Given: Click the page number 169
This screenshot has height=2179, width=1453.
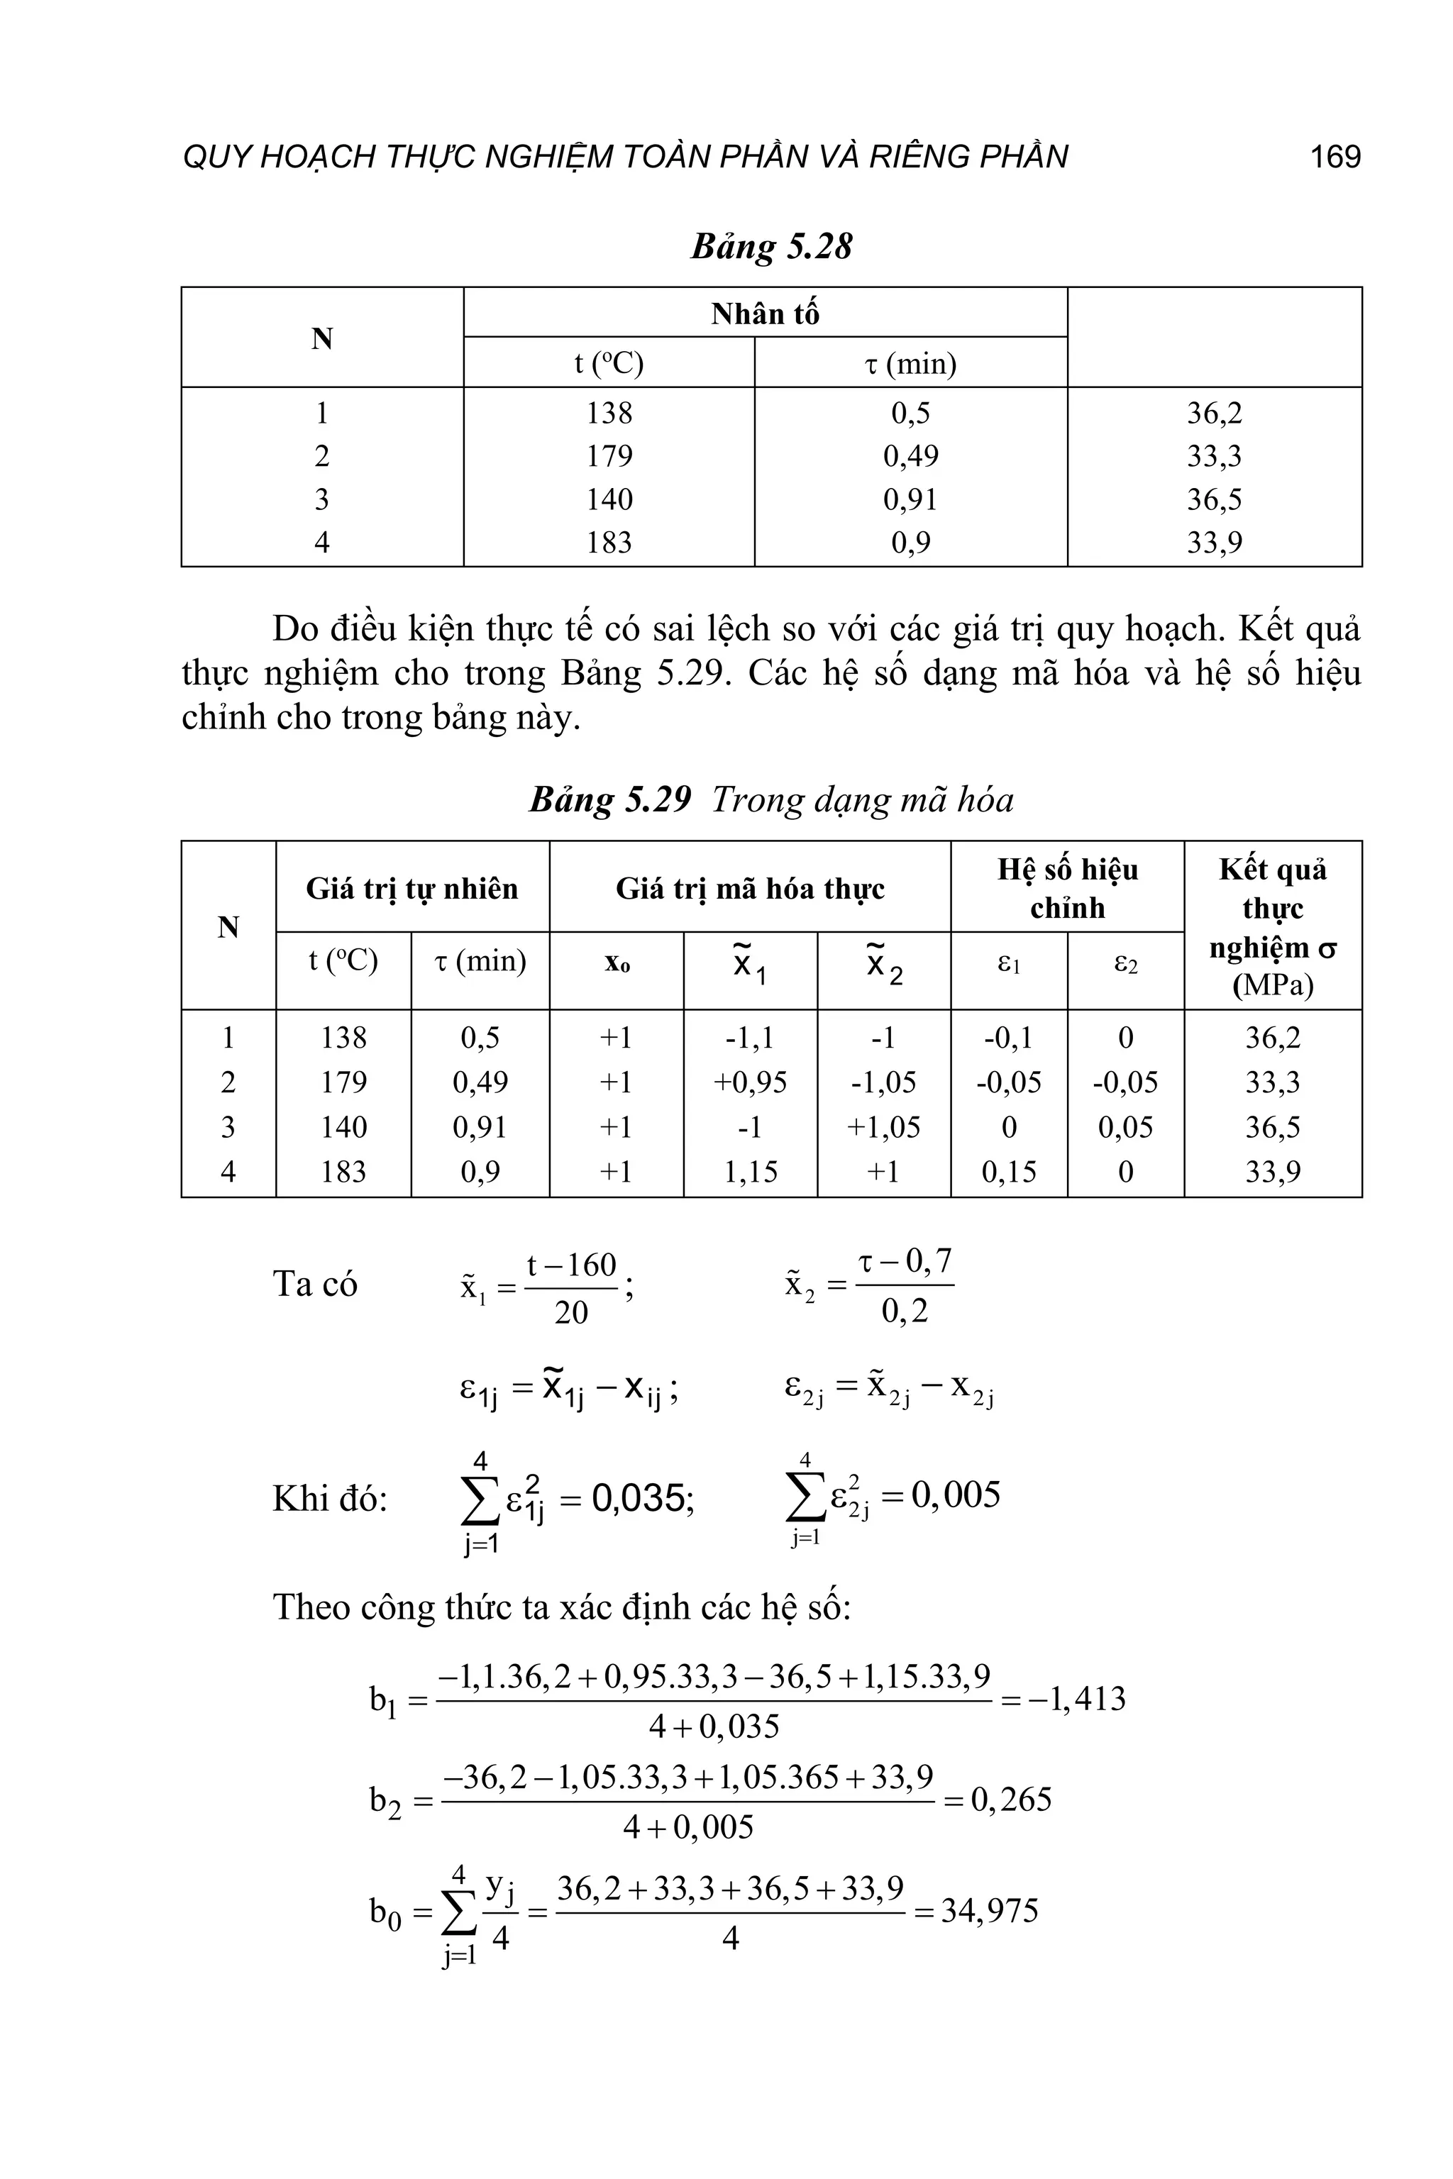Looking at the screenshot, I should coord(1335,157).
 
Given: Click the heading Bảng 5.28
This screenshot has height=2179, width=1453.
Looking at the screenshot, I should coord(771,246).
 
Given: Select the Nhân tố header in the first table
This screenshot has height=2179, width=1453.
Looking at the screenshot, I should coord(765,314).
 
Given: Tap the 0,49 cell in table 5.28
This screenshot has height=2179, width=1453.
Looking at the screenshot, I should coord(910,456).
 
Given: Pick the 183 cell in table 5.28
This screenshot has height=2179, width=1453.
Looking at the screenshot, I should coord(609,542).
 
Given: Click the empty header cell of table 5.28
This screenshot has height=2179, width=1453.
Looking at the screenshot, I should coord(1214,337).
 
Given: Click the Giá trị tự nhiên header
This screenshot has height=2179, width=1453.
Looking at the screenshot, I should coord(411,889).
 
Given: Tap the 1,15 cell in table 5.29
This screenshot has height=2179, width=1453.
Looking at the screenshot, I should coord(750,1171).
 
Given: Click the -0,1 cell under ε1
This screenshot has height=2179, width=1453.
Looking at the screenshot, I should coord(1008,1037).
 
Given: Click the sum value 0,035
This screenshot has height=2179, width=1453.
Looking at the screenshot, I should coord(642,1498).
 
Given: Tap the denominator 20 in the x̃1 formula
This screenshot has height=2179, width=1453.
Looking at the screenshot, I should coord(571,1312).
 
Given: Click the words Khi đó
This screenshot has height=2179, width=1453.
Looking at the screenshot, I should coord(329,1498).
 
